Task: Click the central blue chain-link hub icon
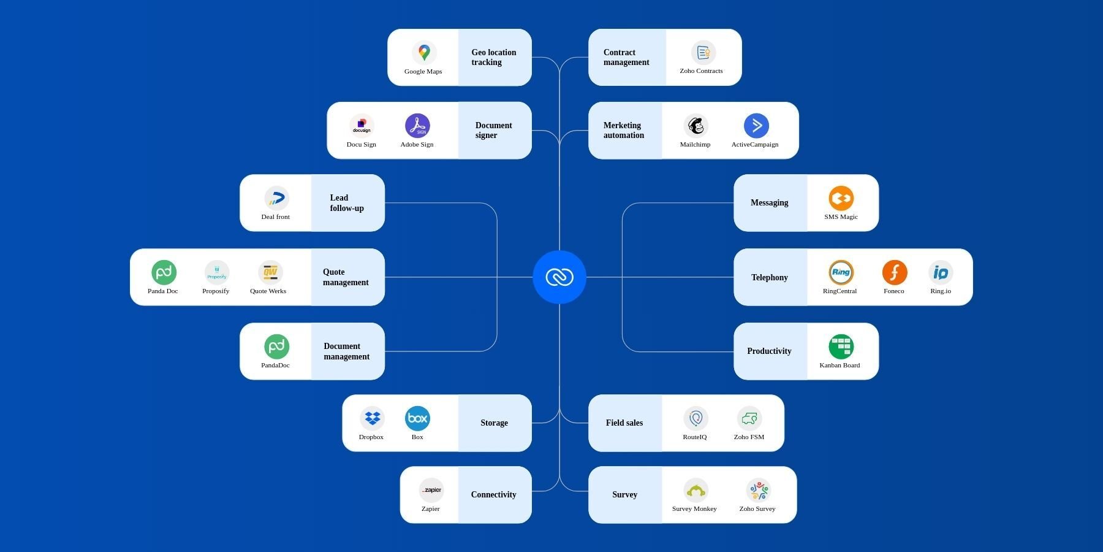click(x=559, y=277)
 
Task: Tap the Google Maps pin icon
click(x=423, y=53)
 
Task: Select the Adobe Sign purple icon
click(x=417, y=126)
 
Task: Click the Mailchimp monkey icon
click(x=696, y=126)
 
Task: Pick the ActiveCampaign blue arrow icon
click(x=756, y=126)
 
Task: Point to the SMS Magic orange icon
click(x=841, y=198)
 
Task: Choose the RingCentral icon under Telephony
click(x=841, y=272)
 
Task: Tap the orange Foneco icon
click(x=894, y=272)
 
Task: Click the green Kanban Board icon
click(x=841, y=347)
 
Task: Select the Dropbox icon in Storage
click(x=372, y=418)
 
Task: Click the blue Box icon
click(x=417, y=418)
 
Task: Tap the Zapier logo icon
click(x=431, y=490)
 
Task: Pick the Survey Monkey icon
click(x=696, y=490)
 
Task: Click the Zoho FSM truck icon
click(x=749, y=418)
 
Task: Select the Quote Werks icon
click(x=270, y=272)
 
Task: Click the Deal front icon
click(x=276, y=198)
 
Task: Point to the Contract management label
click(x=626, y=57)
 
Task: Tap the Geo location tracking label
click(x=493, y=57)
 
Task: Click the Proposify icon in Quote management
click(x=216, y=272)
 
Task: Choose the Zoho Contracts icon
click(x=703, y=53)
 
